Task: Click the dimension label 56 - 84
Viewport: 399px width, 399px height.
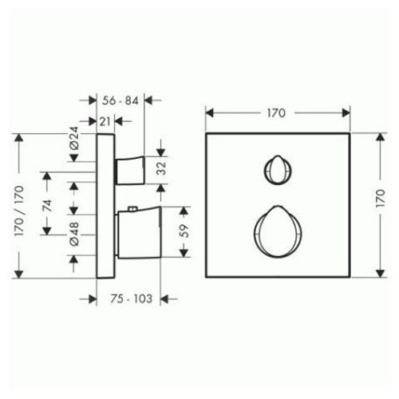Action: (x=120, y=101)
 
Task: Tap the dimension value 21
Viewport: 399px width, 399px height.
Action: (x=105, y=121)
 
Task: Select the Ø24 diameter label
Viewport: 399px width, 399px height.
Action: (x=74, y=138)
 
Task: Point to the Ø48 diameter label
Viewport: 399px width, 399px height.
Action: (x=74, y=234)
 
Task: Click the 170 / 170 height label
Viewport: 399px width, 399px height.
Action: (x=19, y=211)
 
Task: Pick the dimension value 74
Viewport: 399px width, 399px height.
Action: (x=47, y=205)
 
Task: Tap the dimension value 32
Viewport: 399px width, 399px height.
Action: (x=161, y=168)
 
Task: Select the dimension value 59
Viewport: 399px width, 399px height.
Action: (x=184, y=231)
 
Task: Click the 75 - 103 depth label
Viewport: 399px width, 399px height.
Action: (x=132, y=298)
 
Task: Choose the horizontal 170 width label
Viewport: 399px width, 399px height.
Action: (x=276, y=113)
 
